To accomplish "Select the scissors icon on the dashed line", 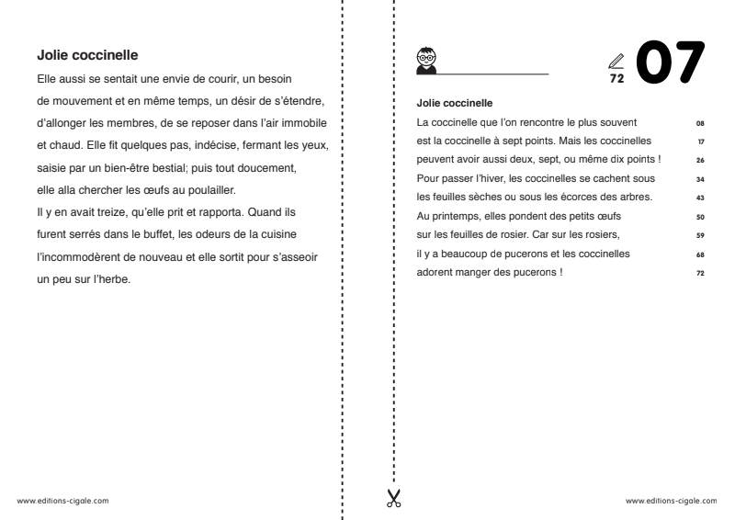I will (393, 499).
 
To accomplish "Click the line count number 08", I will (700, 122).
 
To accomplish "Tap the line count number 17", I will (700, 142).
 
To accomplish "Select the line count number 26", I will (700, 161).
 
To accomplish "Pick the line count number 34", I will (700, 180).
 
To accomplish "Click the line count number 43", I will (700, 198).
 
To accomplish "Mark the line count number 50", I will (700, 218).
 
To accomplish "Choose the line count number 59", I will (700, 236).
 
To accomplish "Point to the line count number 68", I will (700, 255).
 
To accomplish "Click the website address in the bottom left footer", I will (64, 502).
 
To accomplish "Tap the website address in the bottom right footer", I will (671, 502).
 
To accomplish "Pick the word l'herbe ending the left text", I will (111, 279).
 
